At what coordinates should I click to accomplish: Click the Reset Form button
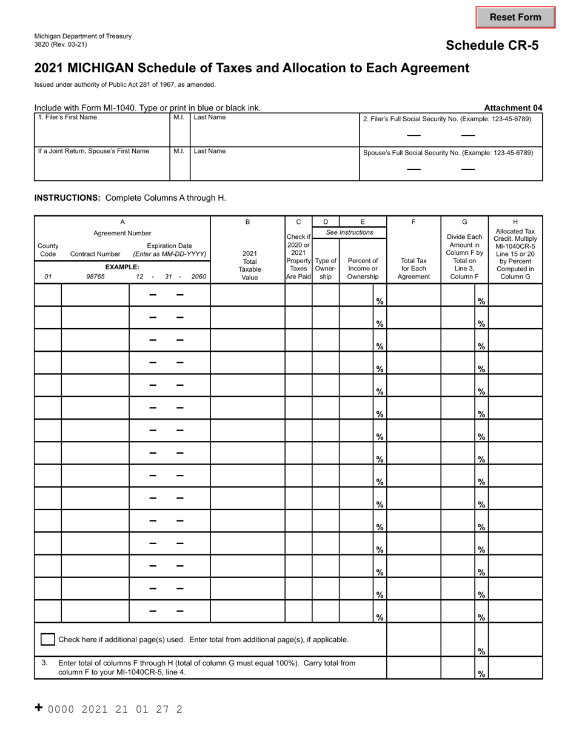515,18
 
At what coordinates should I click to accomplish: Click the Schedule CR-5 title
492,45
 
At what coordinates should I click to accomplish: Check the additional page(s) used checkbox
47,639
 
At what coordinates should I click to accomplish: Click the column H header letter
515,222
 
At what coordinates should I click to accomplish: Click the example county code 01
48,277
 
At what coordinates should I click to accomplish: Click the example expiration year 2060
199,277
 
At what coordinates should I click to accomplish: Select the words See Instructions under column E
349,232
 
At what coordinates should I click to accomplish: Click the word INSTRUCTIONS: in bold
67,198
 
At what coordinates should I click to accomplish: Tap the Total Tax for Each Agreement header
414,269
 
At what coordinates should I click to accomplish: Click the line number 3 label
45,663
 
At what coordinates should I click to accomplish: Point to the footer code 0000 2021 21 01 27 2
115,709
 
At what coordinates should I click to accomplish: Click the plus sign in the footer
39,707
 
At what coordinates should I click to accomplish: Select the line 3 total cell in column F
414,667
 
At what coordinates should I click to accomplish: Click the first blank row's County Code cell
48,295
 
